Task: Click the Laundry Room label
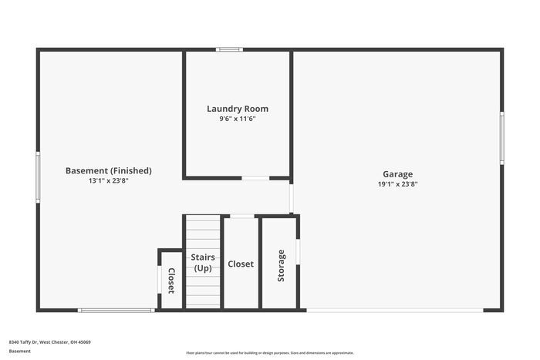[238, 109]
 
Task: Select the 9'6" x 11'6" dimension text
[238, 119]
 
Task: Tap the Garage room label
[397, 173]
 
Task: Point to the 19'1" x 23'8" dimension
[397, 183]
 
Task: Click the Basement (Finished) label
[108, 170]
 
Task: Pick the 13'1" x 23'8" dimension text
[108, 180]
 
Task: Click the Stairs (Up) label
[203, 263]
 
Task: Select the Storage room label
[281, 264]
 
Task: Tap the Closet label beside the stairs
[241, 264]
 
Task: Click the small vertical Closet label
[171, 281]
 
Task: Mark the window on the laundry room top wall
[229, 50]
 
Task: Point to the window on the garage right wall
[501, 137]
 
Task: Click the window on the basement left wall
[38, 177]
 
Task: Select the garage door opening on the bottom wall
[395, 310]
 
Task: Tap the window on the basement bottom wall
[116, 310]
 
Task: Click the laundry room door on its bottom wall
[255, 178]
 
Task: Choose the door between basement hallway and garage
[291, 197]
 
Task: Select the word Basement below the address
[20, 351]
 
